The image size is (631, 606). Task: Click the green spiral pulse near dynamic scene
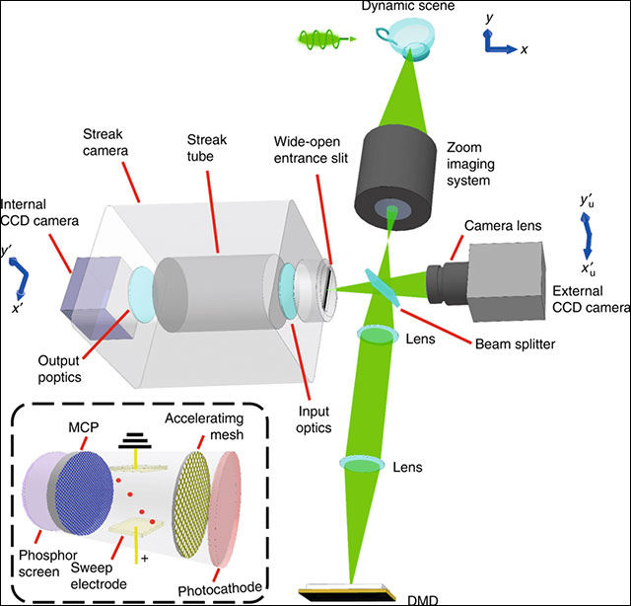(x=320, y=40)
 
